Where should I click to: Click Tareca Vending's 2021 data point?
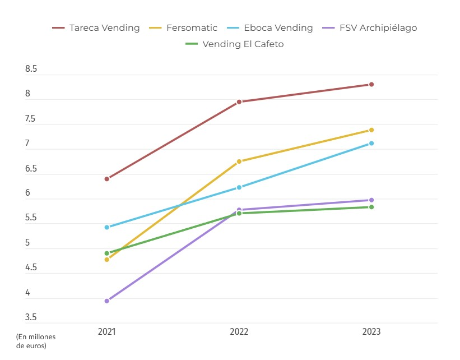click(x=107, y=179)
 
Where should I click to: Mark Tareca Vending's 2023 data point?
click(x=371, y=85)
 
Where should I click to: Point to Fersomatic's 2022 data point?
click(x=239, y=161)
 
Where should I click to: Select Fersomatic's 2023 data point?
click(x=371, y=130)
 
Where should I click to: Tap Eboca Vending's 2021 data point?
click(x=107, y=227)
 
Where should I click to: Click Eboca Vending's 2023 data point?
click(x=371, y=144)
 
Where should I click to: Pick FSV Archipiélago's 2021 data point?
click(x=107, y=301)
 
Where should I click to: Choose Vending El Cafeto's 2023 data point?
click(x=371, y=207)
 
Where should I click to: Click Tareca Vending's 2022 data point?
click(x=239, y=102)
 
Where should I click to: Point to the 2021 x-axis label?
click(x=107, y=332)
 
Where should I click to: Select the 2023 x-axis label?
click(x=371, y=332)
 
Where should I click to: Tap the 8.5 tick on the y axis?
click(x=31, y=70)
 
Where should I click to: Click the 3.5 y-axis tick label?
click(x=31, y=317)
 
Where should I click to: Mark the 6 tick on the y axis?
click(x=27, y=193)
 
